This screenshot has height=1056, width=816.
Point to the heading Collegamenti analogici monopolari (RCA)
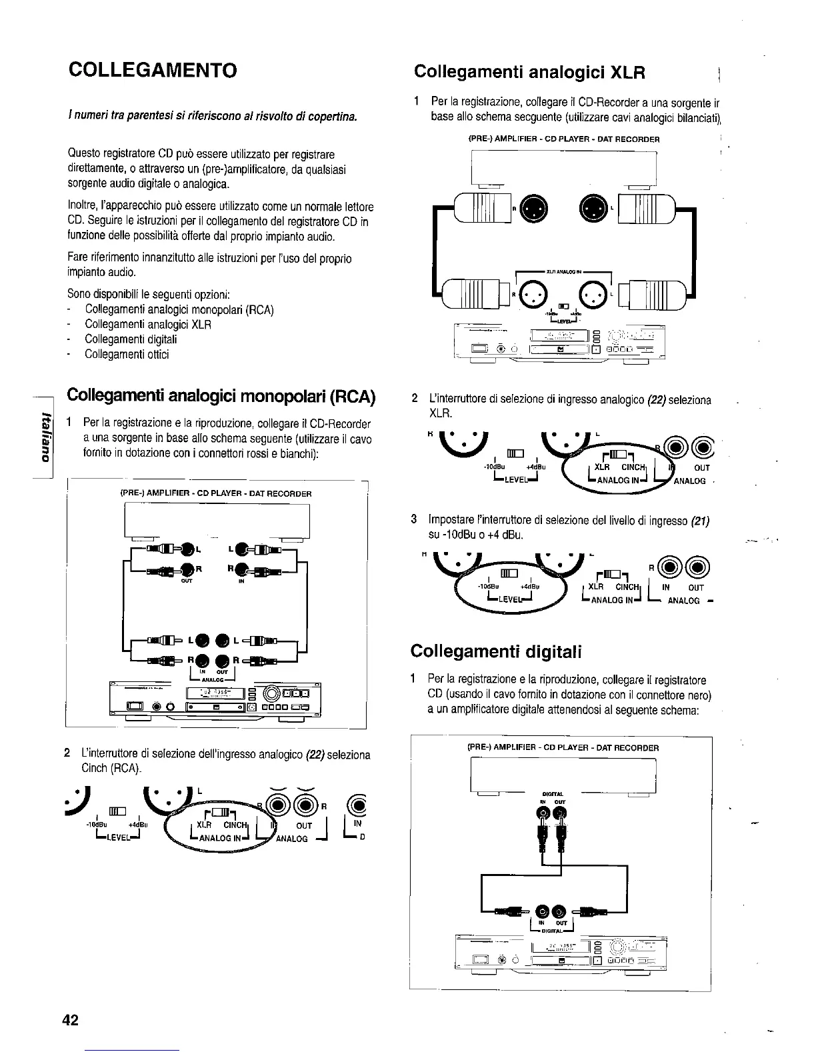click(221, 396)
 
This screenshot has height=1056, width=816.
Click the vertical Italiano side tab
click(45, 437)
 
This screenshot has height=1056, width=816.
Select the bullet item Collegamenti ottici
click(127, 355)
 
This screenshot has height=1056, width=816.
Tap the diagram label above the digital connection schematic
click(563, 747)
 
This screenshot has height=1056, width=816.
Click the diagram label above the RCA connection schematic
click(215, 494)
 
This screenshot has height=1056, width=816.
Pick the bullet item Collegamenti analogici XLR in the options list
click(148, 325)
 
